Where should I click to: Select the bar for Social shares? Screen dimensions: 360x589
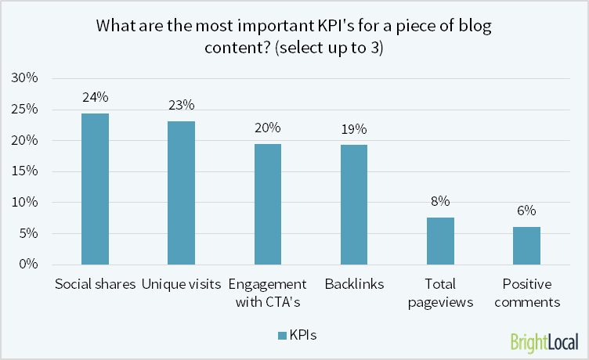[x=96, y=189]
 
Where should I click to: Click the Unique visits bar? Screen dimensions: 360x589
[x=182, y=193]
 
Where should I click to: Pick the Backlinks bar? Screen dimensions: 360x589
[x=354, y=204]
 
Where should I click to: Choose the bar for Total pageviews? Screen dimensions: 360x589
[x=440, y=240]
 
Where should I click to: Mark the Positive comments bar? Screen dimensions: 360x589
[x=526, y=246]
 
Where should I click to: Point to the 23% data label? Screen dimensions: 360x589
[x=182, y=105]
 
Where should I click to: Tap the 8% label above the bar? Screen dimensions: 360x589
[x=440, y=201]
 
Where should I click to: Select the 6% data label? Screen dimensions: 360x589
[x=526, y=211]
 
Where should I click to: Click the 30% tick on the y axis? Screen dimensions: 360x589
[x=26, y=78]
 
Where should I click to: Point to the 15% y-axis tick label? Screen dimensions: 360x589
[x=26, y=171]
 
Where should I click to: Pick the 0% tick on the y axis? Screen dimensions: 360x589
[x=29, y=265]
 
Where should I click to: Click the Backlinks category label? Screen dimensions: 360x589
[x=354, y=283]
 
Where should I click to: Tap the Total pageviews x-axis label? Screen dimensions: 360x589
[x=440, y=292]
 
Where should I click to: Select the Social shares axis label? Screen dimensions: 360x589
[x=96, y=283]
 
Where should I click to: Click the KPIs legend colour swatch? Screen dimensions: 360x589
[x=281, y=335]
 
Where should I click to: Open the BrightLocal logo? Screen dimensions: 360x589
[x=544, y=342]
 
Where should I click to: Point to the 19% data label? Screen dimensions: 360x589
[x=354, y=129]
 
